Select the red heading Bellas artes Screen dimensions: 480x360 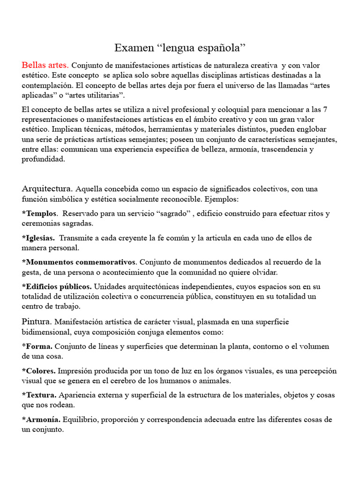pyautogui.click(x=45, y=65)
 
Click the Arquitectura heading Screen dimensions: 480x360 pyautogui.click(x=47, y=189)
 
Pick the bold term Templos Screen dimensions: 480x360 pyautogui.click(x=42, y=214)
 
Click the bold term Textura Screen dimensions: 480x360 pyautogui.click(x=42, y=395)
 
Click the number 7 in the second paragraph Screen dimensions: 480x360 pyautogui.click(x=325, y=109)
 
